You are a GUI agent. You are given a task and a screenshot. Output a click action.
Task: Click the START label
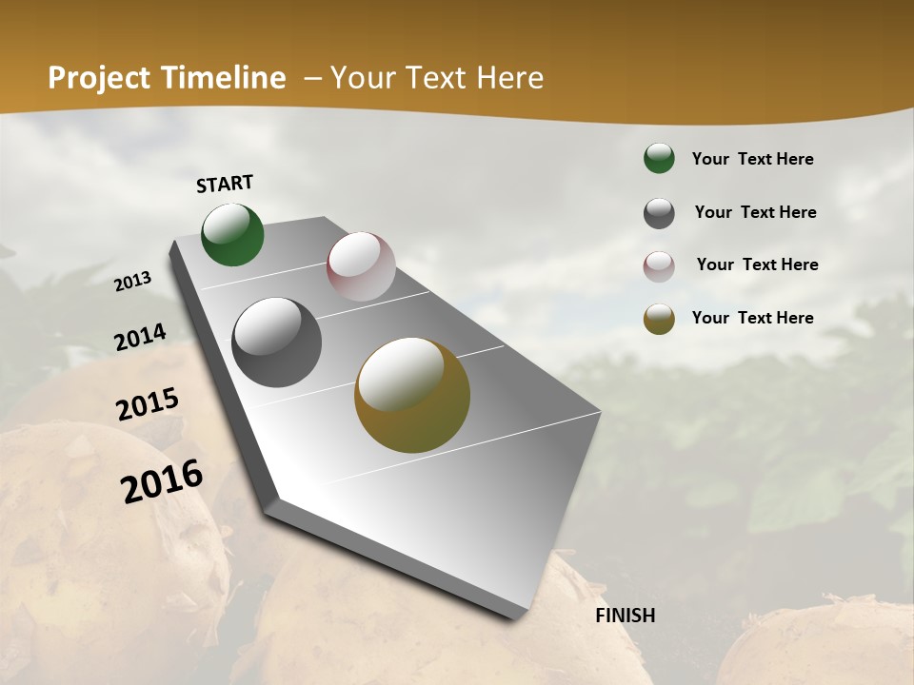pos(225,184)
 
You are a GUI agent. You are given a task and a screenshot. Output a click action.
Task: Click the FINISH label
pos(626,616)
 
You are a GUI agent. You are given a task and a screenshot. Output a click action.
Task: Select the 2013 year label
pos(133,282)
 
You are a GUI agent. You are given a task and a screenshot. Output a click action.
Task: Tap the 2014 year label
pos(140,338)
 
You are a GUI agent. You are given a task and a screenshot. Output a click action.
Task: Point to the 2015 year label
pos(148,404)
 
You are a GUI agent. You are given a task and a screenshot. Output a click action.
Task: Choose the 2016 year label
pos(162,481)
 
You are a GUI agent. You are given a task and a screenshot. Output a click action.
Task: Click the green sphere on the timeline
pos(233,235)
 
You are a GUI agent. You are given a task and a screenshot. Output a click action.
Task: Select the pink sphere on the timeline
pos(361,266)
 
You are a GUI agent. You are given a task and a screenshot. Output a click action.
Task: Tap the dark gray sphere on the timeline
pos(277,342)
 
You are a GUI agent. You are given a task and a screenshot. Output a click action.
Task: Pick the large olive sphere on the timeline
pos(412,395)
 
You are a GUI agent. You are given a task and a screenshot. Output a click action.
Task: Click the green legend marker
pos(659,158)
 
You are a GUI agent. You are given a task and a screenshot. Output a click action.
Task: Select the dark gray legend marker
pos(659,213)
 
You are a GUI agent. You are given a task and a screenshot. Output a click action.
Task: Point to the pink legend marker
pos(659,266)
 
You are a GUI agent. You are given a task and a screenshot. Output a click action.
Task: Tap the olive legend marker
pos(659,319)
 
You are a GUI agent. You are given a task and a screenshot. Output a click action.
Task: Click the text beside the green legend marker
pos(752,159)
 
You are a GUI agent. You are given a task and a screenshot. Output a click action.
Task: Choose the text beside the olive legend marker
pos(752,318)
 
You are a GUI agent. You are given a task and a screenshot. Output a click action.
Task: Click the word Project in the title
pos(98,78)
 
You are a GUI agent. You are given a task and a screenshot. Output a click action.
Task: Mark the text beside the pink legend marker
pos(757,264)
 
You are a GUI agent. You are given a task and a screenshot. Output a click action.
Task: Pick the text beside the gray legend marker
pos(755,212)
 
